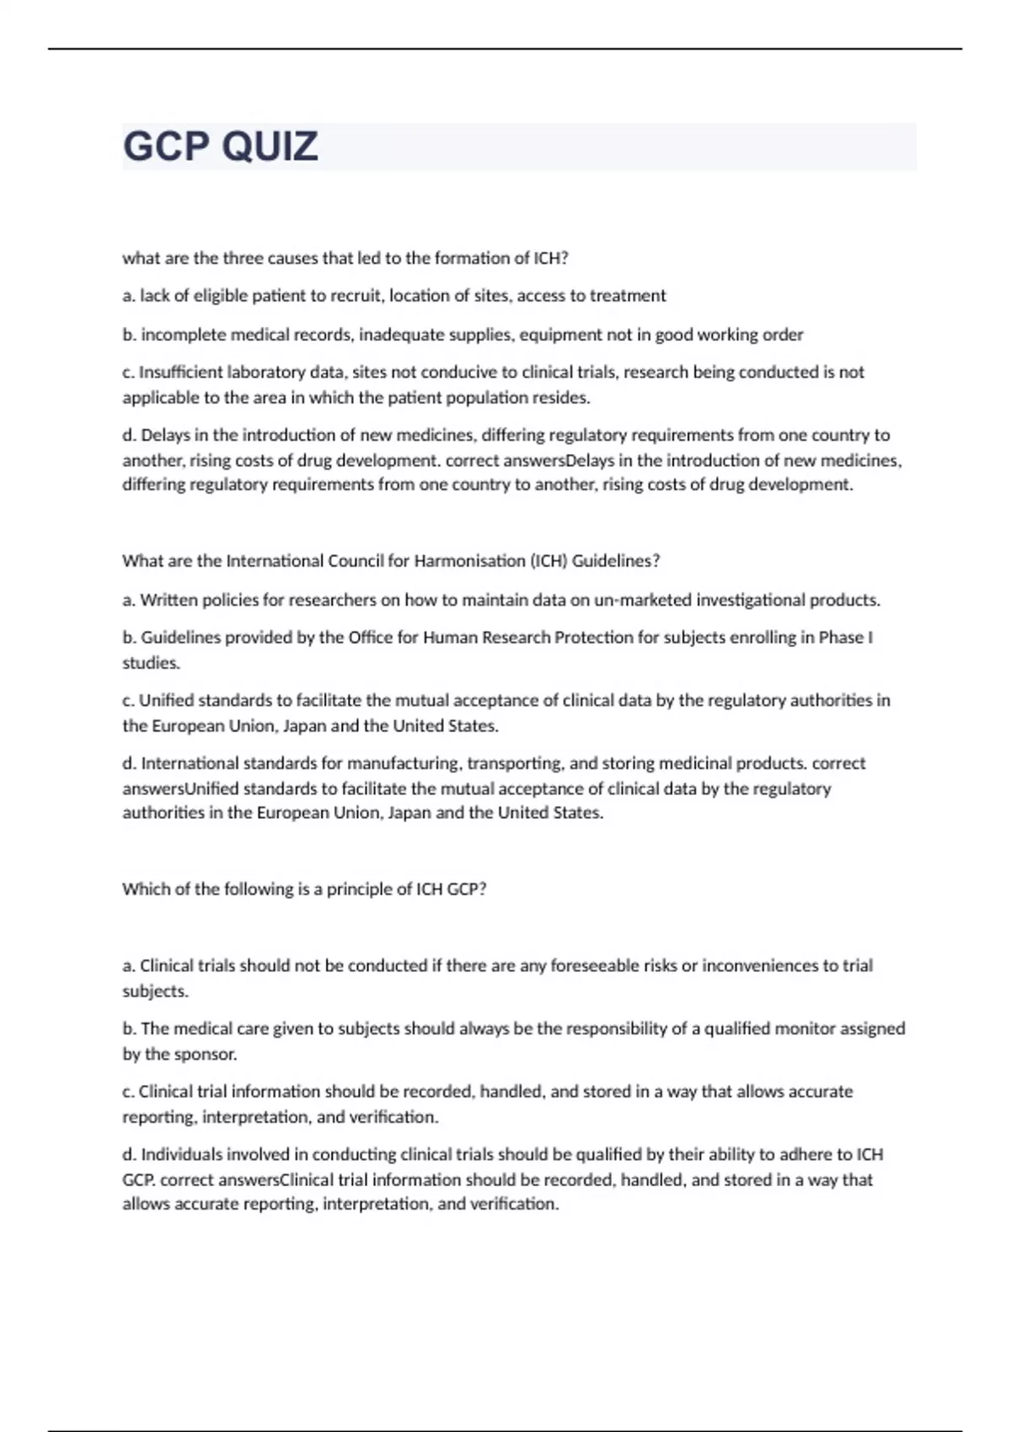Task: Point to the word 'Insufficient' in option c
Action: point(180,372)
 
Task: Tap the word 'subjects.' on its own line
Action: point(156,991)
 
